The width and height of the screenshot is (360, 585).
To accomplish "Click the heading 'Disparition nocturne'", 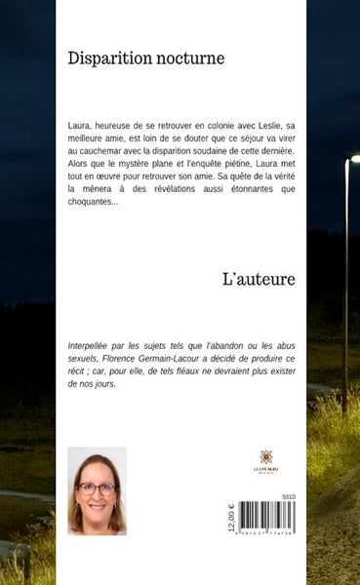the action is point(146,58).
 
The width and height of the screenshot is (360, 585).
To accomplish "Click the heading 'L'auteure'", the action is point(259,279).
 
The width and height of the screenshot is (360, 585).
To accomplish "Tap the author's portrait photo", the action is point(97,491).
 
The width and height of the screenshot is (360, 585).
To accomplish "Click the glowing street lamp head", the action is point(354,158).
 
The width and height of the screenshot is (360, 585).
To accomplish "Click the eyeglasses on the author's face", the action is point(97,487).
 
